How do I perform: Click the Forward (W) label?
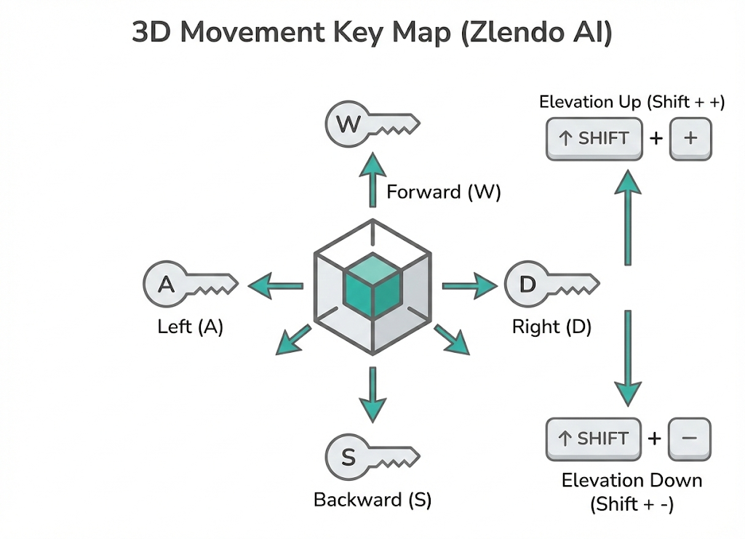pyautogui.click(x=444, y=193)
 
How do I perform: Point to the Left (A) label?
pyautogui.click(x=190, y=327)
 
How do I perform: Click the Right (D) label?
pyautogui.click(x=551, y=327)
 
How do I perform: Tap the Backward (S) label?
pyautogui.click(x=372, y=500)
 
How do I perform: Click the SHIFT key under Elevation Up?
pyautogui.click(x=594, y=138)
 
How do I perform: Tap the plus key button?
pyautogui.click(x=690, y=138)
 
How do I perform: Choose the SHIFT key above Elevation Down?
pyautogui.click(x=593, y=439)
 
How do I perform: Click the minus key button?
pyautogui.click(x=690, y=439)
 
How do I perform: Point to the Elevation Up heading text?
pyautogui.click(x=632, y=102)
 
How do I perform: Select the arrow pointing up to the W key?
pyautogui.click(x=372, y=180)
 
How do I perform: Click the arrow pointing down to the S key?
pyautogui.click(x=372, y=393)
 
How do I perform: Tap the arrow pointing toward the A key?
pyautogui.click(x=275, y=287)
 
